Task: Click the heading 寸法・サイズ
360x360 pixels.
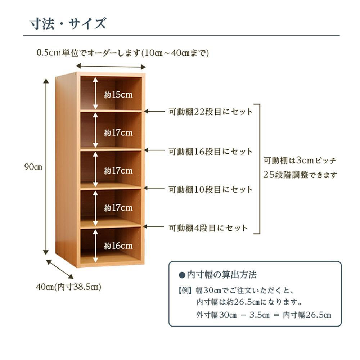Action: (68, 23)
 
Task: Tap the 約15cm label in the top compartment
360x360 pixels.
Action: (118, 95)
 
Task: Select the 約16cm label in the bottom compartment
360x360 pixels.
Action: (118, 246)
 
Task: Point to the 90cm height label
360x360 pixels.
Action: (33, 167)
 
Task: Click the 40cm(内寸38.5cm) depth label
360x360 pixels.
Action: (68, 287)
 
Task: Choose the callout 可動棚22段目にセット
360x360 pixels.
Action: (211, 112)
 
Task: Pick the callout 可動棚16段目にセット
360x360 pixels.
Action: (211, 152)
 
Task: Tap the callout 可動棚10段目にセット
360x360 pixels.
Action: (211, 190)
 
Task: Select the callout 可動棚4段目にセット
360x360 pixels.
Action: (208, 228)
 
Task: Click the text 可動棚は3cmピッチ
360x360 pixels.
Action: (300, 160)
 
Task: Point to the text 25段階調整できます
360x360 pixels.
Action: (300, 175)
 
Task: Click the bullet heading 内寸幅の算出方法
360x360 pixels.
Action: (217, 275)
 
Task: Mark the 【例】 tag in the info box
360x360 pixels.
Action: (185, 291)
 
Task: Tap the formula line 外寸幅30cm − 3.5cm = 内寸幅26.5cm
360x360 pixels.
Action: (264, 315)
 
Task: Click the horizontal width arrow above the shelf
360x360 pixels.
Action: (111, 67)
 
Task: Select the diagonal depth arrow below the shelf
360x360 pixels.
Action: (60, 269)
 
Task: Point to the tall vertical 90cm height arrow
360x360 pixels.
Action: (46, 166)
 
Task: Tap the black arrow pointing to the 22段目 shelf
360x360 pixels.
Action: (154, 112)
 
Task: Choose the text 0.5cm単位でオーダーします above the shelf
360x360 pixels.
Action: (89, 53)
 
